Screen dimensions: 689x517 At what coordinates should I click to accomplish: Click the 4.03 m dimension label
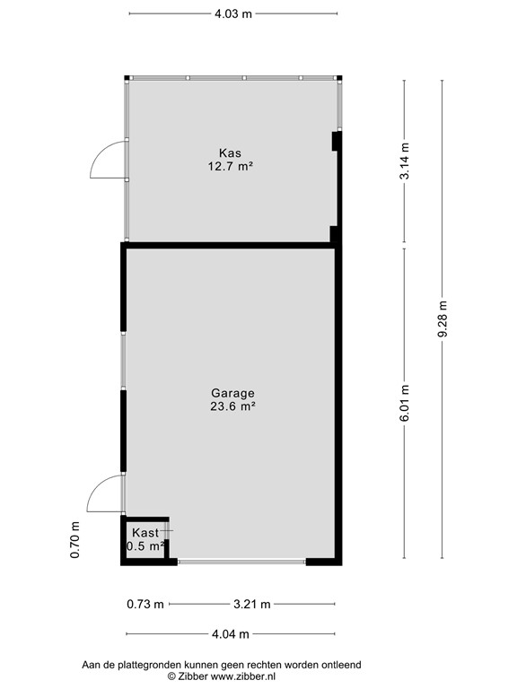pos(232,13)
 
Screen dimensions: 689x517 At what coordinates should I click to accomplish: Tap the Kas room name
pos(231,153)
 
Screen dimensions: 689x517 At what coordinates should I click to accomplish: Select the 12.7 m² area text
pos(231,165)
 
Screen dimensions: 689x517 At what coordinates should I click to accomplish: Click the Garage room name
pos(232,393)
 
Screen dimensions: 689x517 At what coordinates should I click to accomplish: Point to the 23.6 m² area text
pos(232,406)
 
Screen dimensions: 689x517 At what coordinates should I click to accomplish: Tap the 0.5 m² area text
pos(145,545)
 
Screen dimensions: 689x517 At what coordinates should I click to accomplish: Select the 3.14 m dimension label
pos(405,161)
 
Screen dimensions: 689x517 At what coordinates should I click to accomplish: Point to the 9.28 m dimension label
pos(442,318)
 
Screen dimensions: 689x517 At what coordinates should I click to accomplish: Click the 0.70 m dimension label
pos(75,540)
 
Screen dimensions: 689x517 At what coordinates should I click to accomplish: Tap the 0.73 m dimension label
pos(145,604)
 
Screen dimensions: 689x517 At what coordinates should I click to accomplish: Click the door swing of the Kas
pos(106,161)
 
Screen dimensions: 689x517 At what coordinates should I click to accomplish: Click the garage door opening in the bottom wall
pos(241,562)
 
